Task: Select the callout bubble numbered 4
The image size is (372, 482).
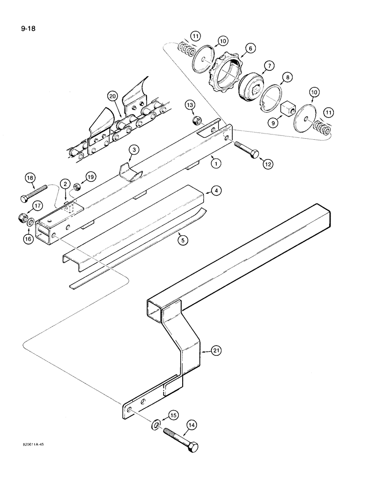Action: [217, 191]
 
